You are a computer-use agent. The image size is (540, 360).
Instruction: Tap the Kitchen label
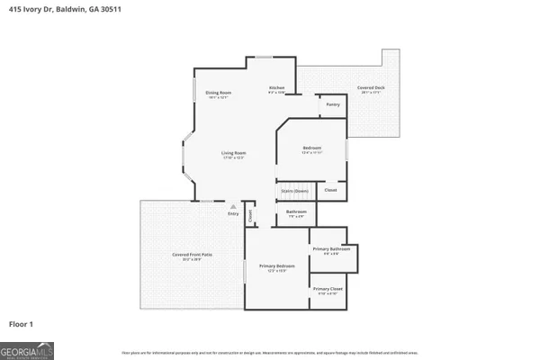(x=276, y=88)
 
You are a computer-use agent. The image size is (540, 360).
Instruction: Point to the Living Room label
(x=234, y=154)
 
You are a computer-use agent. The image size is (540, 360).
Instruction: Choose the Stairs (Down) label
(x=294, y=191)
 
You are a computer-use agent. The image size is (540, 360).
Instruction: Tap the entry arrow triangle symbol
(x=233, y=206)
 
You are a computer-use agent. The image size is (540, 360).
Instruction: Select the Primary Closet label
(x=328, y=289)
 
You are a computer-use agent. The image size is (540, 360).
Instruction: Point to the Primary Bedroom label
(x=278, y=267)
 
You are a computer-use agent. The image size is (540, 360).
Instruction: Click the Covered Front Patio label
(x=192, y=256)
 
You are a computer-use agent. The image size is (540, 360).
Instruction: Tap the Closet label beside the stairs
(x=330, y=190)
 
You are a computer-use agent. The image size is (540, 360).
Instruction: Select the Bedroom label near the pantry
(x=312, y=148)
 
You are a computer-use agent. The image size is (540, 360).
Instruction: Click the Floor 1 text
(x=22, y=323)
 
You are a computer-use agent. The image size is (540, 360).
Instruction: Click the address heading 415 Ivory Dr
(x=64, y=8)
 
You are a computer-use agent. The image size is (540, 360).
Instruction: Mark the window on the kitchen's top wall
(x=264, y=58)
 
